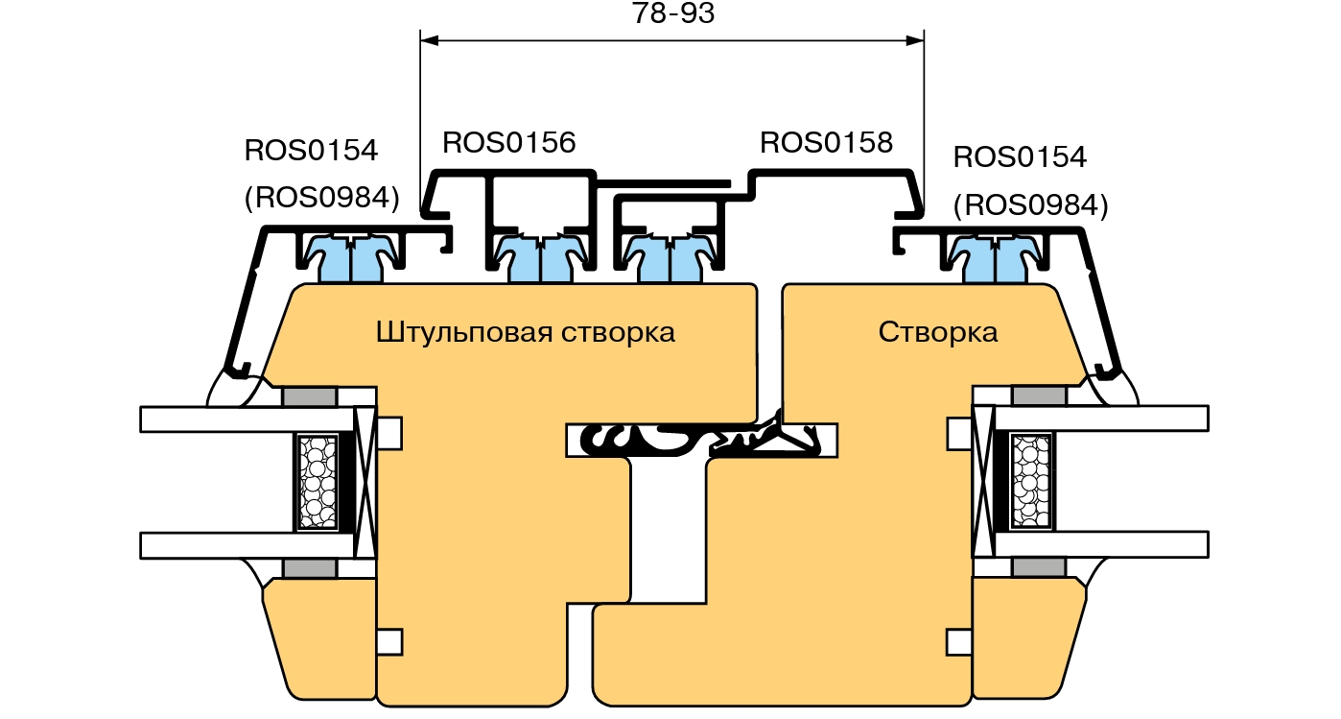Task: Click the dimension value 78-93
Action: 673,14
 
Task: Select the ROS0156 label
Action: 508,143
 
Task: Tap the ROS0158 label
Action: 826,143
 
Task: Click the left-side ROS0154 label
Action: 311,151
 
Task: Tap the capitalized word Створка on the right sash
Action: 937,333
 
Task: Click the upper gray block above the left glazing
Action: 309,396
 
